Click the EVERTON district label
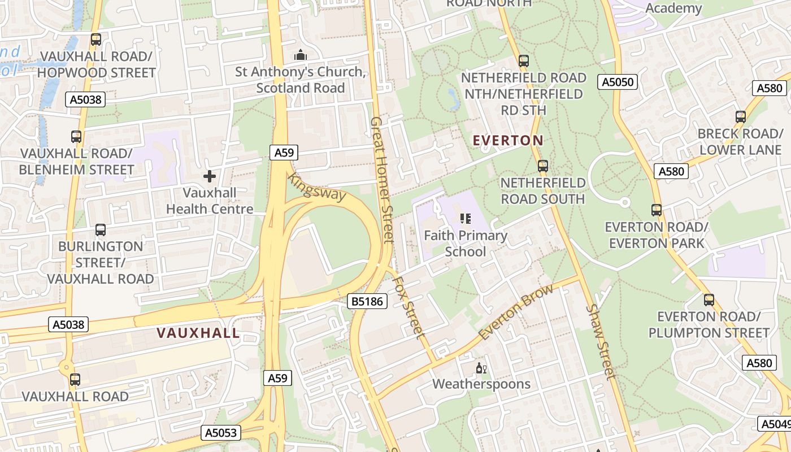(507, 140)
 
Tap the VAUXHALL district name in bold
(198, 333)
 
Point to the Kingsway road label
(316, 187)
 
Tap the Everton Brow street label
(508, 315)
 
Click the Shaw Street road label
(600, 341)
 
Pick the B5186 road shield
(367, 302)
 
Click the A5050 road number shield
(618, 82)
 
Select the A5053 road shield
(221, 433)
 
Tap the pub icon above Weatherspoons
(481, 368)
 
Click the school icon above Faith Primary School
(465, 218)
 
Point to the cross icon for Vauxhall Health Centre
(210, 176)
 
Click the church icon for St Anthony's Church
(301, 55)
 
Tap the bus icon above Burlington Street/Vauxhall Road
(101, 230)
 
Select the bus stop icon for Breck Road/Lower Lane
(740, 117)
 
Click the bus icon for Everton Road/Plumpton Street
(709, 300)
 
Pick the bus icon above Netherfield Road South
(542, 166)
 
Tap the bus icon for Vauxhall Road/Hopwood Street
(96, 40)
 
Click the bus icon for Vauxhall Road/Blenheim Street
(76, 137)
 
